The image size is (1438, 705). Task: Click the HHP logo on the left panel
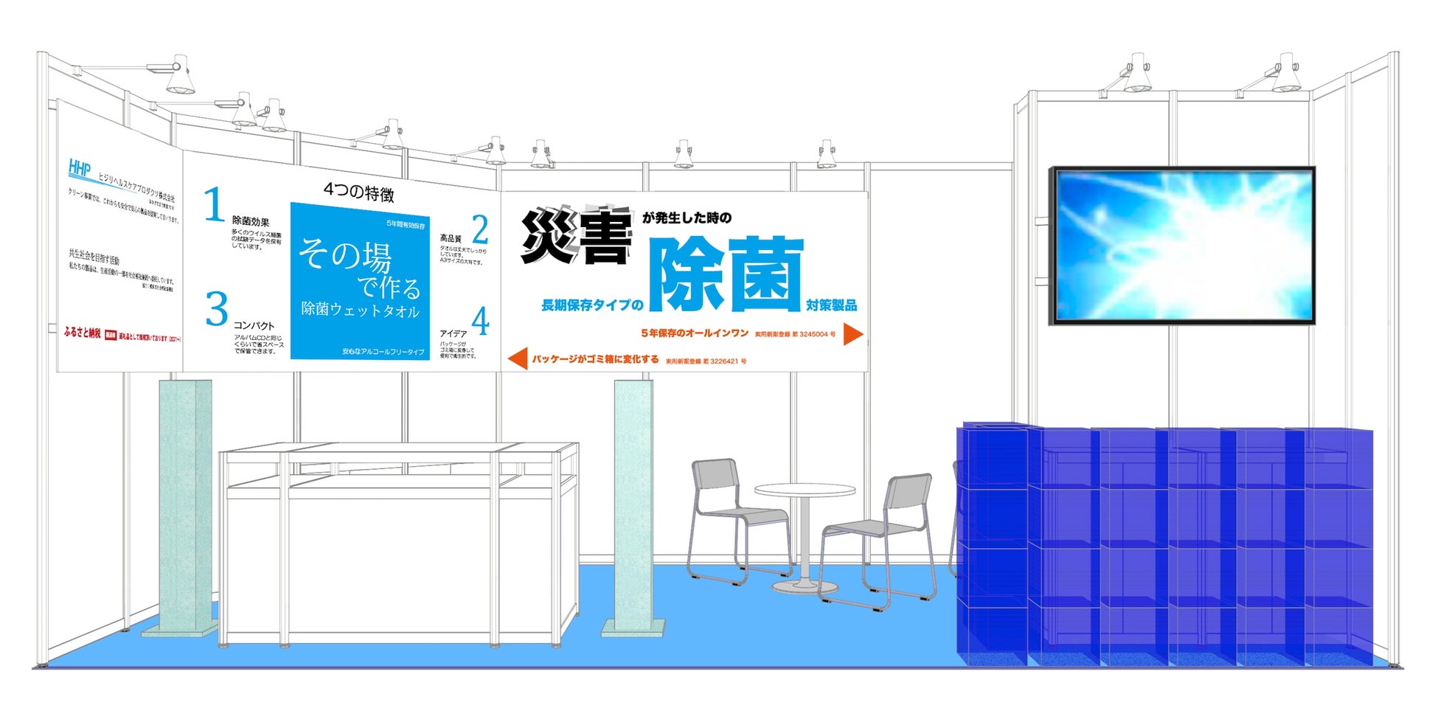tap(80, 168)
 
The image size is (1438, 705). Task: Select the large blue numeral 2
tap(480, 229)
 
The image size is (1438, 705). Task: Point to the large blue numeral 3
tap(217, 308)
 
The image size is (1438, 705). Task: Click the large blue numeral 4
tap(480, 322)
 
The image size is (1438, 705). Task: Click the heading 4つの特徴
tap(358, 192)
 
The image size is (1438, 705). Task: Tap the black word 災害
tap(577, 236)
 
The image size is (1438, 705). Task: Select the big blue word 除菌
tap(726, 274)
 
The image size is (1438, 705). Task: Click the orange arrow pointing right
tap(852, 334)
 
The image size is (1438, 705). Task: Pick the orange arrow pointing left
tap(518, 358)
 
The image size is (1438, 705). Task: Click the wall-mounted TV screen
tap(1181, 246)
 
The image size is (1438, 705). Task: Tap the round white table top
tap(805, 490)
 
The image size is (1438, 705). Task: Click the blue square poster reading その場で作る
tap(360, 281)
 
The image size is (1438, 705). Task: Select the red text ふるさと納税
tap(82, 333)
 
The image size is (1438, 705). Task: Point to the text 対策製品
tap(831, 305)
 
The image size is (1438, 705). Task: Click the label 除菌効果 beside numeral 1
tap(251, 221)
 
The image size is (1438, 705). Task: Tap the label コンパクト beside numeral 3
tap(254, 325)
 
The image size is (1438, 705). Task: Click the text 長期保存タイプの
tap(592, 305)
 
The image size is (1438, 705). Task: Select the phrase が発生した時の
tap(687, 218)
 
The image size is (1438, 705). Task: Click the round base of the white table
tap(805, 587)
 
